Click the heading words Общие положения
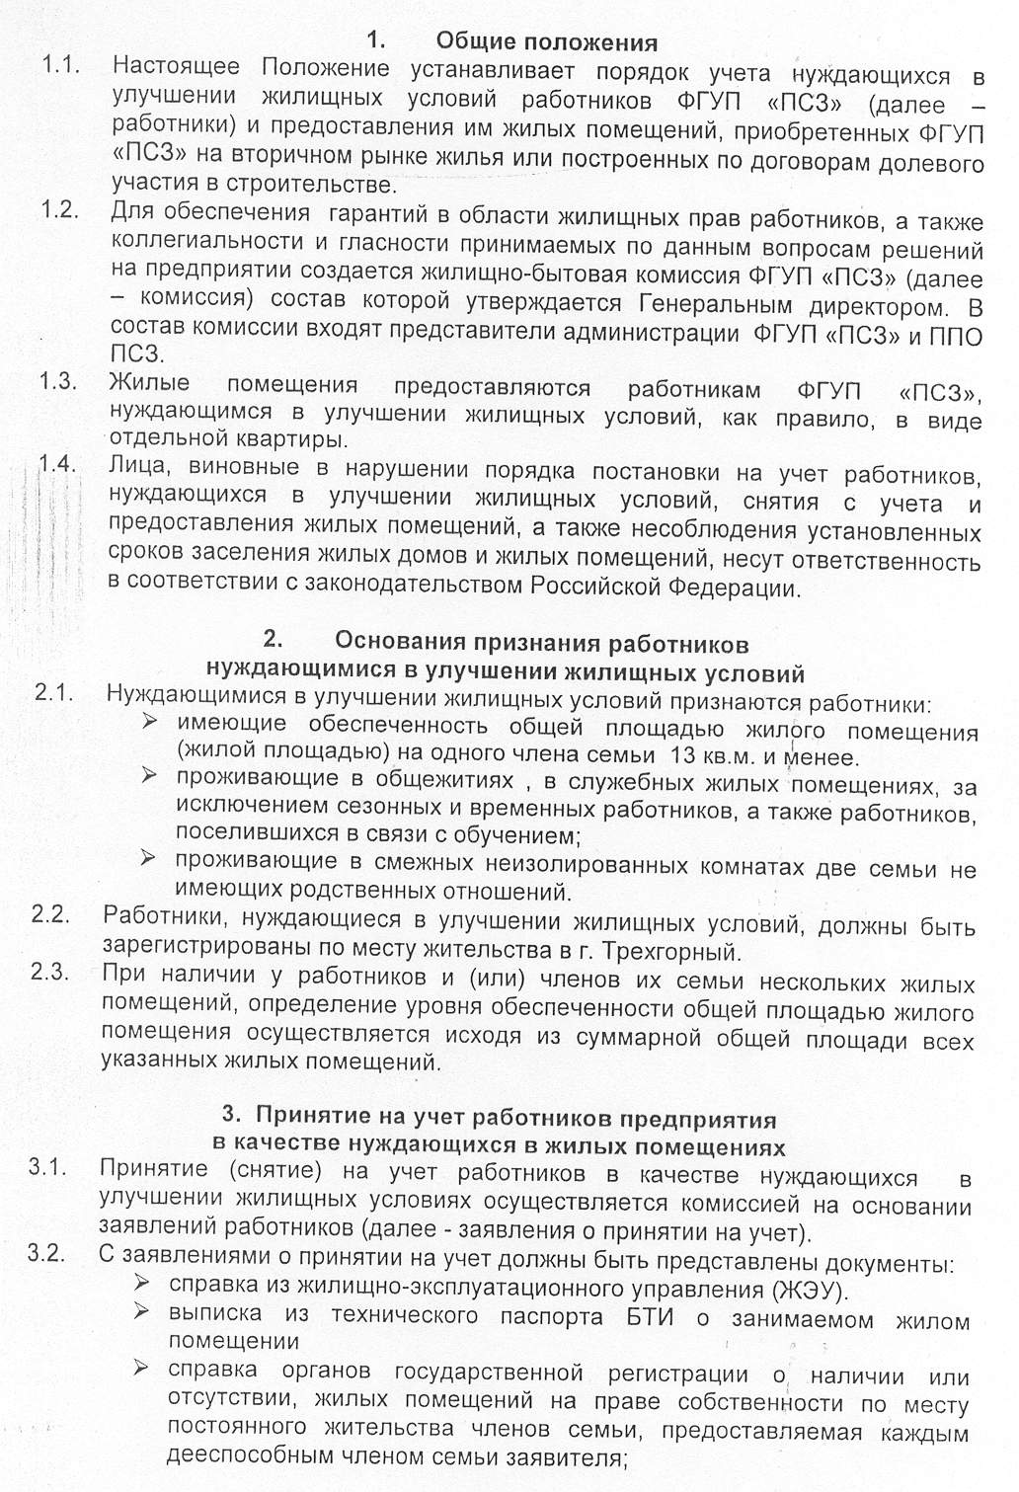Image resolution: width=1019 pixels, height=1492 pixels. tap(546, 41)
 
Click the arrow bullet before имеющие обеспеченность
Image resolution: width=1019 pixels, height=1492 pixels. tap(150, 722)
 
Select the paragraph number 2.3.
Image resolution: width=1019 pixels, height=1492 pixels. tap(49, 972)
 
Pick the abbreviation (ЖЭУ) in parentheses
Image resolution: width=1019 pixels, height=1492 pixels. tap(807, 1290)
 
